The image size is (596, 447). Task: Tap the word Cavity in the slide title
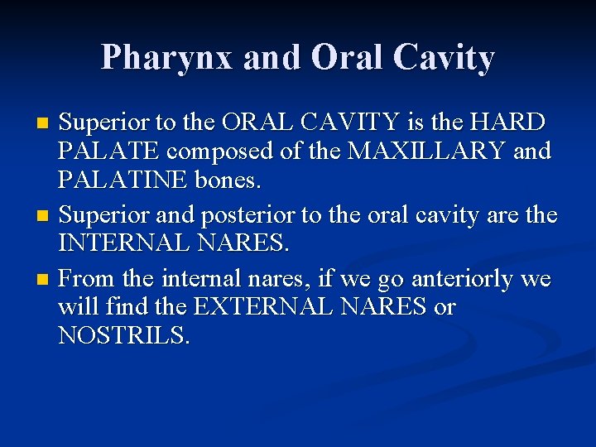(x=444, y=58)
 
